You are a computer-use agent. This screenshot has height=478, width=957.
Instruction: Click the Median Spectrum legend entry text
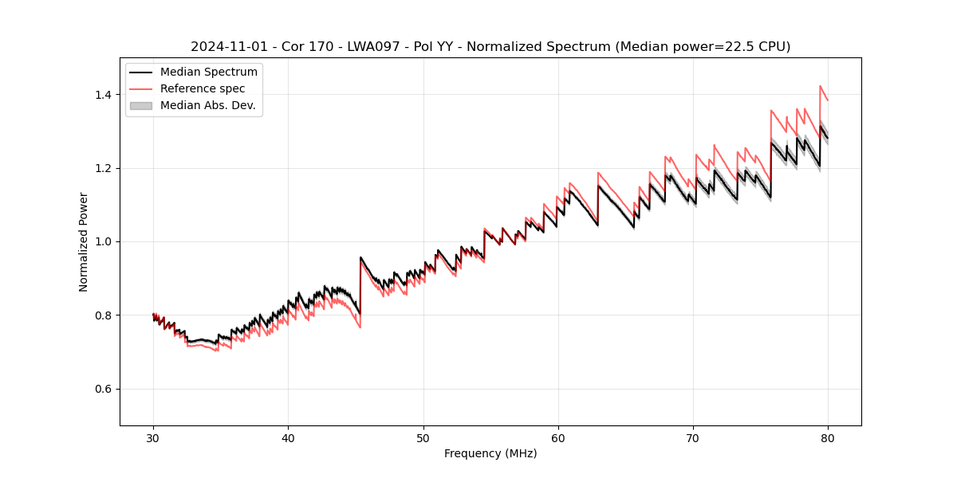pyautogui.click(x=209, y=72)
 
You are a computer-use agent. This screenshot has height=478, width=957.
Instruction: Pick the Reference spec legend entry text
pyautogui.click(x=203, y=88)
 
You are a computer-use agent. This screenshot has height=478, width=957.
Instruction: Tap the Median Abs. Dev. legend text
pyautogui.click(x=208, y=105)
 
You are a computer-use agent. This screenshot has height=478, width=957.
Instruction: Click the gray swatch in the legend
pyautogui.click(x=141, y=105)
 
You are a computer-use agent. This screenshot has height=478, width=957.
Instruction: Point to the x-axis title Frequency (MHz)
pyautogui.click(x=490, y=453)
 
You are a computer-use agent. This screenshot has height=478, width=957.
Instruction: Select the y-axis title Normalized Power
pyautogui.click(x=84, y=241)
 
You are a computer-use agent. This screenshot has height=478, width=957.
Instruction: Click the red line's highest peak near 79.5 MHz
pyautogui.click(x=820, y=86)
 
